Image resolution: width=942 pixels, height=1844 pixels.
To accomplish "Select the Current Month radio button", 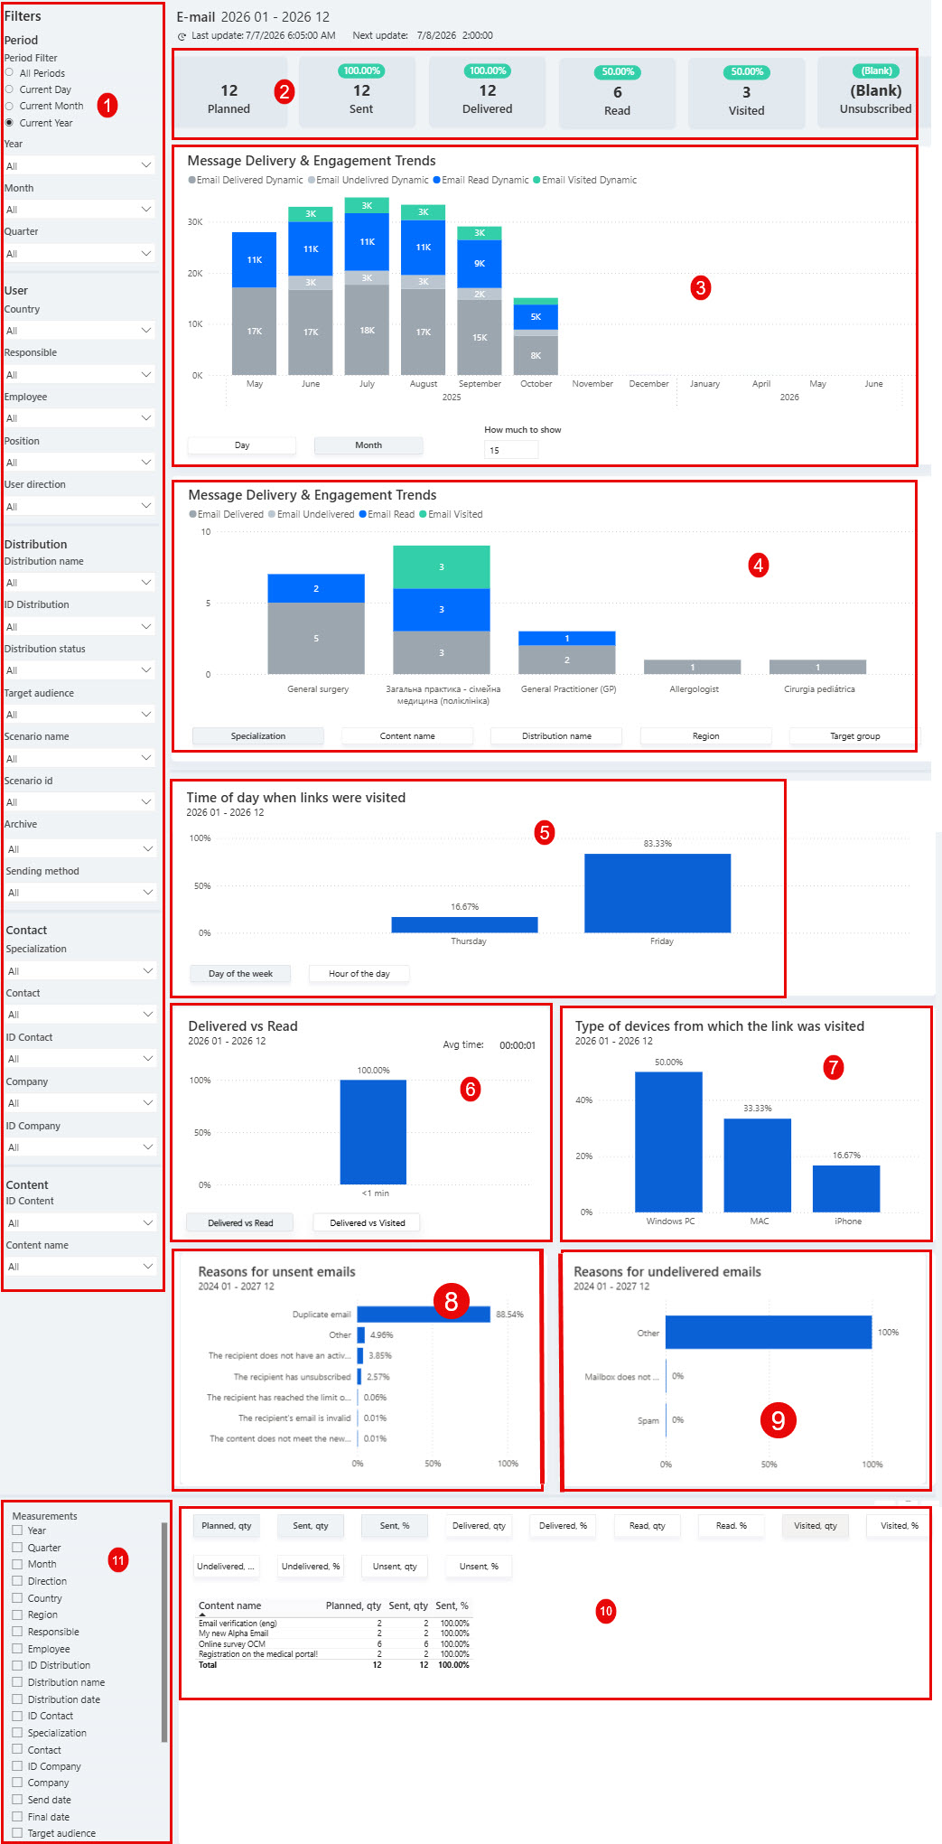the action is tap(9, 106).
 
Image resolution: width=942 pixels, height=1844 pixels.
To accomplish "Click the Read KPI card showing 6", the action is tap(617, 92).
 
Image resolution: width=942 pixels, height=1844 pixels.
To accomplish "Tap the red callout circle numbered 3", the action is tap(700, 288).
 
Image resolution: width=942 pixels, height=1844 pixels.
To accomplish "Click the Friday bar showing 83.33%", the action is tap(658, 893).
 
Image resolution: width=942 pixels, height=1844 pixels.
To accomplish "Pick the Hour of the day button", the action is tap(359, 974).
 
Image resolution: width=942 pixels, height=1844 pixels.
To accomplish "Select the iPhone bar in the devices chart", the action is tap(846, 1188).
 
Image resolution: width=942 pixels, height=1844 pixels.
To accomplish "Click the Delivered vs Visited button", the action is tap(367, 1223).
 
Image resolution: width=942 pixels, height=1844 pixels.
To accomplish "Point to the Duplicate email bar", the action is tap(424, 1315).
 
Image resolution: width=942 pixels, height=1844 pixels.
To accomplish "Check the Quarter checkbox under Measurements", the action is tap(17, 1548).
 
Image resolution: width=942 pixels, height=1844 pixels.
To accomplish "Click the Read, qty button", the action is tap(647, 1526).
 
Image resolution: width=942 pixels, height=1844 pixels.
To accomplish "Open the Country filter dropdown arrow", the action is tap(146, 331).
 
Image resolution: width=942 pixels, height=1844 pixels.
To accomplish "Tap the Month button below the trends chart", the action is tap(368, 445).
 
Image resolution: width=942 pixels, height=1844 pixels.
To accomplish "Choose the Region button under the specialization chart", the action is tap(705, 736).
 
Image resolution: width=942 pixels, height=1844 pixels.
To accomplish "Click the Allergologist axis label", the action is tap(694, 689).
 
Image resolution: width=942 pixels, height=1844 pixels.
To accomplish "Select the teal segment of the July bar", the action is tap(367, 206).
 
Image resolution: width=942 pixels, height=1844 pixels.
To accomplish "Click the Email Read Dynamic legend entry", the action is tap(480, 180).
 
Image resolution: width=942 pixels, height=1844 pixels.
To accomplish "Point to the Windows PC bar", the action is tap(668, 1142).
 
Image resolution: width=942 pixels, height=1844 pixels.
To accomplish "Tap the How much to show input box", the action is tap(511, 450).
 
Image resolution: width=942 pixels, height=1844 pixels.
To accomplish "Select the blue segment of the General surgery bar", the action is tap(316, 588).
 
